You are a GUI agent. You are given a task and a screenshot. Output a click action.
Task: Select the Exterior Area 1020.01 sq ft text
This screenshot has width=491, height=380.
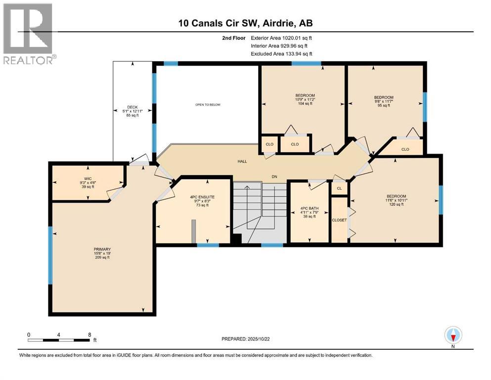tap(281, 38)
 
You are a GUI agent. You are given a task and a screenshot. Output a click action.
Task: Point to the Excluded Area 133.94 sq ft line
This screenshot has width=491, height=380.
tap(281, 53)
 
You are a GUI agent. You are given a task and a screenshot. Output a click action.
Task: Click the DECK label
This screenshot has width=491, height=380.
tap(133, 107)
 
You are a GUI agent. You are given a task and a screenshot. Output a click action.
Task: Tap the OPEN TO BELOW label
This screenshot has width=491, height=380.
tap(208, 104)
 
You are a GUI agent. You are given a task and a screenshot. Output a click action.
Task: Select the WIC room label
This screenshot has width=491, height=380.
tap(88, 179)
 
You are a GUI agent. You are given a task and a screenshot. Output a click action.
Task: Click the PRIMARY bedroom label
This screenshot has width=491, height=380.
tap(102, 249)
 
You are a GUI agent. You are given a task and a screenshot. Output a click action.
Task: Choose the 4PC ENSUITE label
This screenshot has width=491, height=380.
tap(202, 197)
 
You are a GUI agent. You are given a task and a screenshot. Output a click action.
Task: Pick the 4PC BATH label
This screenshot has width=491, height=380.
tap(310, 208)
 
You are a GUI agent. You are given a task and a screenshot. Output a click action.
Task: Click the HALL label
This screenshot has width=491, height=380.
tap(242, 161)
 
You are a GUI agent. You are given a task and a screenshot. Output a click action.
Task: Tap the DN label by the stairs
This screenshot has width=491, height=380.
tap(274, 177)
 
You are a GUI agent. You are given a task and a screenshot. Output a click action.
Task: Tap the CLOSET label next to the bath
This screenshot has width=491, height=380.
tap(339, 220)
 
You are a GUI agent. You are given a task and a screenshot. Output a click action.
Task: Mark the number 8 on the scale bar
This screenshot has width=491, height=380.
tap(89, 334)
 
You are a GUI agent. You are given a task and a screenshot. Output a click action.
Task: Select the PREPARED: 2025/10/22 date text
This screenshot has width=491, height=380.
tap(245, 339)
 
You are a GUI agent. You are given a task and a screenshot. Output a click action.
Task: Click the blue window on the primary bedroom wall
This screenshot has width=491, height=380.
tap(50, 255)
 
